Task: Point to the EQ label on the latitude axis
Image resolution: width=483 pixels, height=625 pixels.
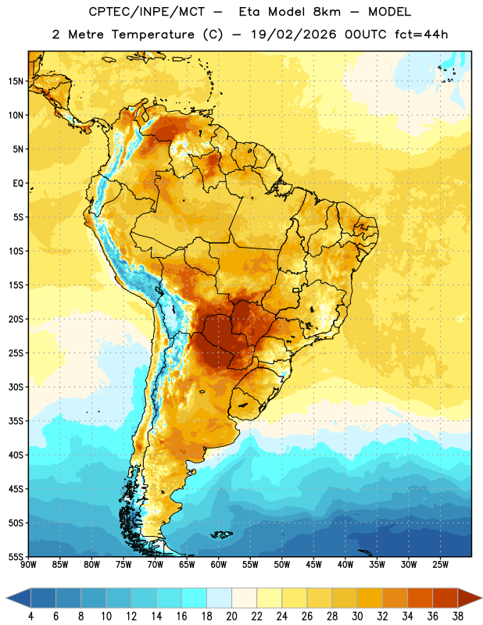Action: tap(18, 184)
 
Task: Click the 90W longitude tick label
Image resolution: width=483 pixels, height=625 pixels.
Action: tap(28, 565)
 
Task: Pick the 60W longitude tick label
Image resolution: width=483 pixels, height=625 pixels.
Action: tap(219, 565)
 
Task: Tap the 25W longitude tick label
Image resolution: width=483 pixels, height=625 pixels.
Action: tap(440, 565)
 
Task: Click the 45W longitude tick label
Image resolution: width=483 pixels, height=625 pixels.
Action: tap(313, 565)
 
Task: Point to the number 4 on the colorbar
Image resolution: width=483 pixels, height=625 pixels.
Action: tap(30, 616)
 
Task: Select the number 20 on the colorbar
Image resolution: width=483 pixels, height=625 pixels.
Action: tap(231, 616)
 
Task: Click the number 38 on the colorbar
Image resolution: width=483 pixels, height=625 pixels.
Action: tap(458, 616)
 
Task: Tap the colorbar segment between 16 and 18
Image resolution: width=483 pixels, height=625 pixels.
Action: tap(195, 598)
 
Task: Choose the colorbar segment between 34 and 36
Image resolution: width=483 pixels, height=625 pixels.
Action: tap(420, 598)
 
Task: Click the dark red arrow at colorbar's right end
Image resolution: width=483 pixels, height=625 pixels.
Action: tap(469, 598)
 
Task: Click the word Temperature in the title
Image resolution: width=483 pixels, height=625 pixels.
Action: tap(152, 34)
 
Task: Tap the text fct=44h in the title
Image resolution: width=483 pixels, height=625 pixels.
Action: tap(421, 34)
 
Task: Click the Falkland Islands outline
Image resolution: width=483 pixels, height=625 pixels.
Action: tap(222, 534)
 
